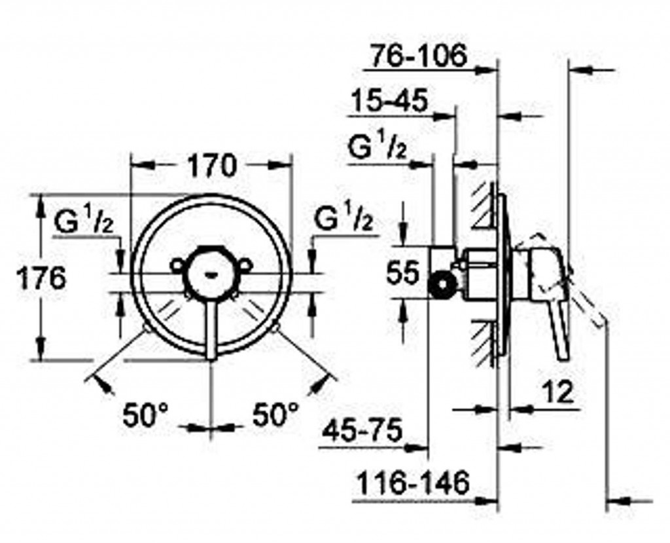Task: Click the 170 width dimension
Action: coord(213,166)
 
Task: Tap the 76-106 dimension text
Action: coord(417,55)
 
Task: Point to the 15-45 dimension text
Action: coord(389,101)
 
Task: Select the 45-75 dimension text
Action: coord(362,430)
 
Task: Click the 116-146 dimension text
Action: coord(413,483)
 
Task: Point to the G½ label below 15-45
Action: coord(378,145)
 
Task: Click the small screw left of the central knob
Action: coord(177,265)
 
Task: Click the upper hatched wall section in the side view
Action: coord(485,206)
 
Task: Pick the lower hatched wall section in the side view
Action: coord(485,343)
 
